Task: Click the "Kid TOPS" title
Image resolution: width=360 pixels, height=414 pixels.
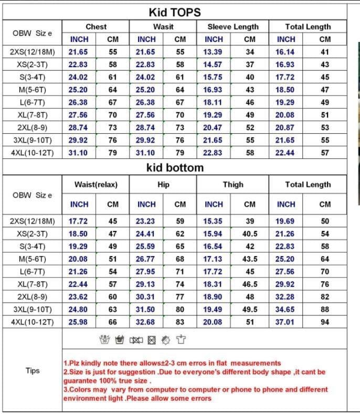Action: point(175,12)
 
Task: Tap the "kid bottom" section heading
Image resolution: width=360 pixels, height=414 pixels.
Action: point(175,168)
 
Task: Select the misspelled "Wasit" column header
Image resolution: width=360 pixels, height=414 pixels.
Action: point(163,26)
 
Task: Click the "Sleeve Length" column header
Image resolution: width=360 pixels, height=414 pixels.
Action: point(233,26)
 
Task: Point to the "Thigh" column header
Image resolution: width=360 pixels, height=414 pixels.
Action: point(233,184)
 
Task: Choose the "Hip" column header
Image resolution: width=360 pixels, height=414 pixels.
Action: point(163,184)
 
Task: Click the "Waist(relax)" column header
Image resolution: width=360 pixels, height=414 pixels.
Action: point(96,184)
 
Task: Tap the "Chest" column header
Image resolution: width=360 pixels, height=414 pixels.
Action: point(96,26)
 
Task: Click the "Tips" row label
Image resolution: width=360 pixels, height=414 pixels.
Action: point(33,370)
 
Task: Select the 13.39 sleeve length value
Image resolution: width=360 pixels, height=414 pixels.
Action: point(213,52)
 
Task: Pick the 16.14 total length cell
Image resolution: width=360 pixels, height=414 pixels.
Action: point(285,52)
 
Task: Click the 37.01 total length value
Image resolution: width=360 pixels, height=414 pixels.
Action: point(285,322)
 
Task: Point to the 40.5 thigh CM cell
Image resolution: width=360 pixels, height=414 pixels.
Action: point(250,233)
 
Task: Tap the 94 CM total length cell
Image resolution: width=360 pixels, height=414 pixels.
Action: point(325,322)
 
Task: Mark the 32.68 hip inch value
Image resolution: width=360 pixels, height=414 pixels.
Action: point(146,322)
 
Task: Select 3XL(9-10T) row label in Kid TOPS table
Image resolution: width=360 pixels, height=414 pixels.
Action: point(33,140)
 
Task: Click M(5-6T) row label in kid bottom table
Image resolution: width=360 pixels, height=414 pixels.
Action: point(33,259)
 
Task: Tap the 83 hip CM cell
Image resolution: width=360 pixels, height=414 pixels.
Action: point(180,322)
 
